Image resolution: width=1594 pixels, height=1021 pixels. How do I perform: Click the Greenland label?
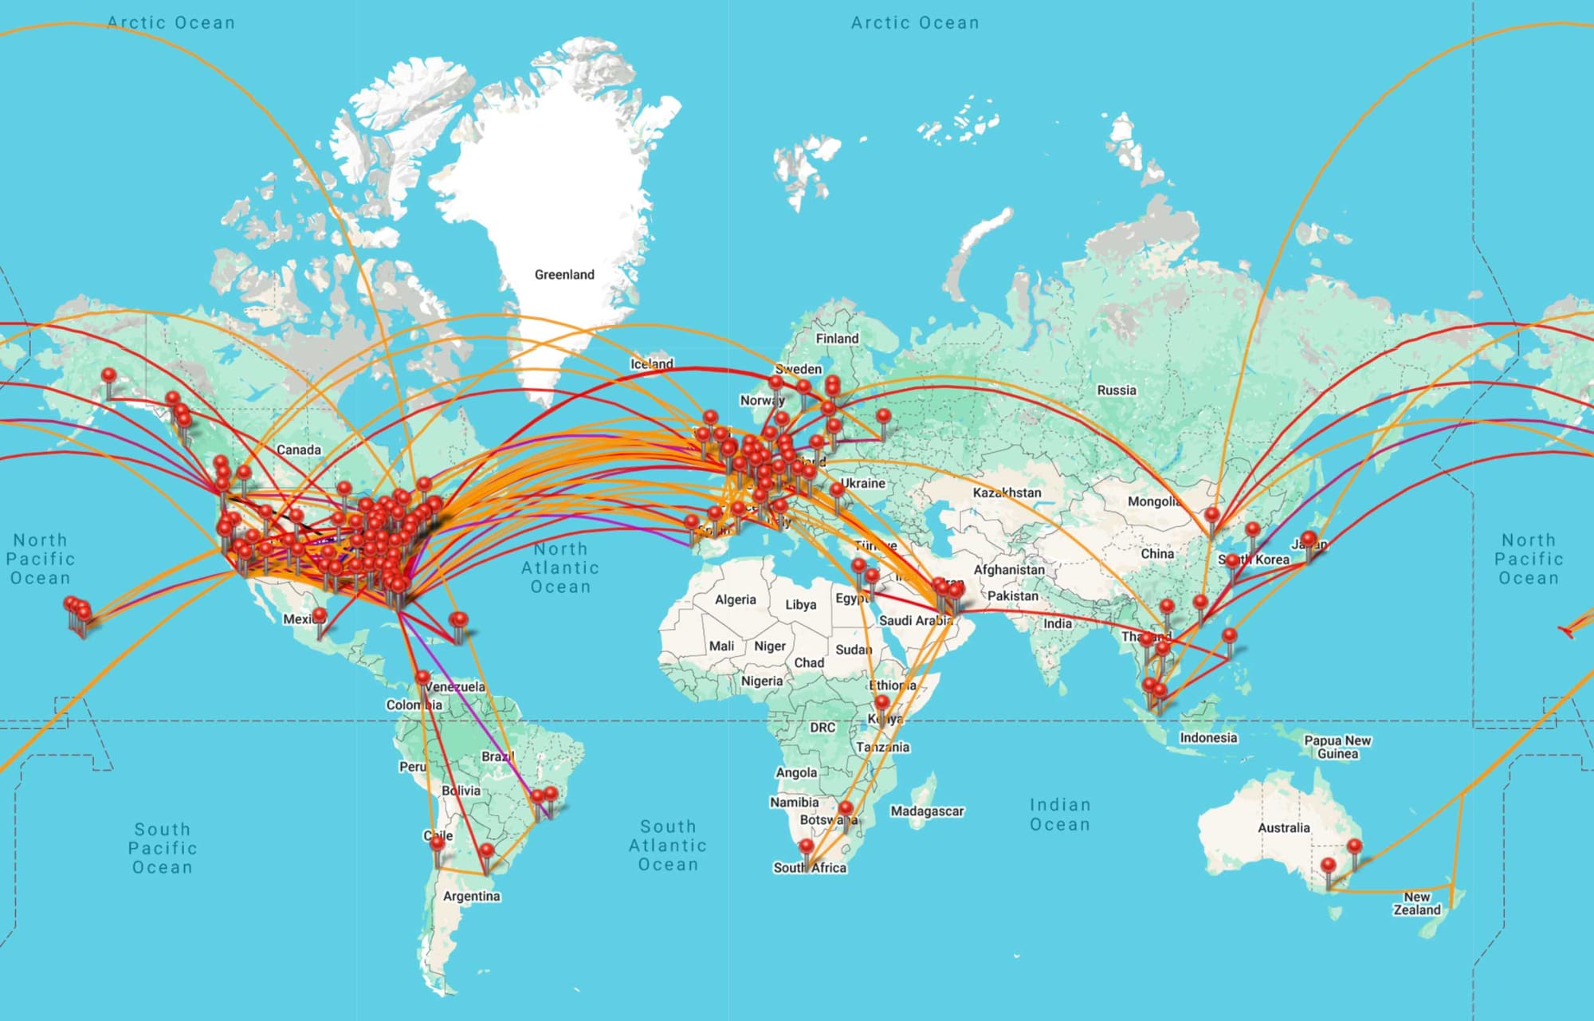564,275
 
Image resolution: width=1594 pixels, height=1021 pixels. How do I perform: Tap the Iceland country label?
652,364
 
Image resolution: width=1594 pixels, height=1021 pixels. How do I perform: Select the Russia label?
1117,391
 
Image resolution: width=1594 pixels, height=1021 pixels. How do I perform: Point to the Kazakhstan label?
1007,493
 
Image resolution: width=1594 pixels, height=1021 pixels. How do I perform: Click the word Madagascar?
927,811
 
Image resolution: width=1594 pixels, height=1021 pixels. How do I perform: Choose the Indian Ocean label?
1059,815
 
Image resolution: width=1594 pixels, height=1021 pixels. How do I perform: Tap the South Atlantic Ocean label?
668,846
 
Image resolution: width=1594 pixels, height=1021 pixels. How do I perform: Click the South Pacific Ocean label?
163,848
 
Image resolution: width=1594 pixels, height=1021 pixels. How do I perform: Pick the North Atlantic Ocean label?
560,567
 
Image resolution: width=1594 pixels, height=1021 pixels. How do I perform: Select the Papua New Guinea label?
1337,747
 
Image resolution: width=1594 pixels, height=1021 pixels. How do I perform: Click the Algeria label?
735,599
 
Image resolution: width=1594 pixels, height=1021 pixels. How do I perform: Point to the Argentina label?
472,896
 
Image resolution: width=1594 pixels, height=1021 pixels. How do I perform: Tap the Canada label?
299,450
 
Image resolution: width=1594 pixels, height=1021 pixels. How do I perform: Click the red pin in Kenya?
881,703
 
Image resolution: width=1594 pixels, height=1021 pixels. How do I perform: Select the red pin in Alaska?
109,375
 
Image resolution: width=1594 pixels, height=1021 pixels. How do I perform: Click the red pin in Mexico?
319,615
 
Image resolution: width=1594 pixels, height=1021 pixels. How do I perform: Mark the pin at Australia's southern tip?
1328,866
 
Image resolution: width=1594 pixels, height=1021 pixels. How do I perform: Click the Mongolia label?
1153,501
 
